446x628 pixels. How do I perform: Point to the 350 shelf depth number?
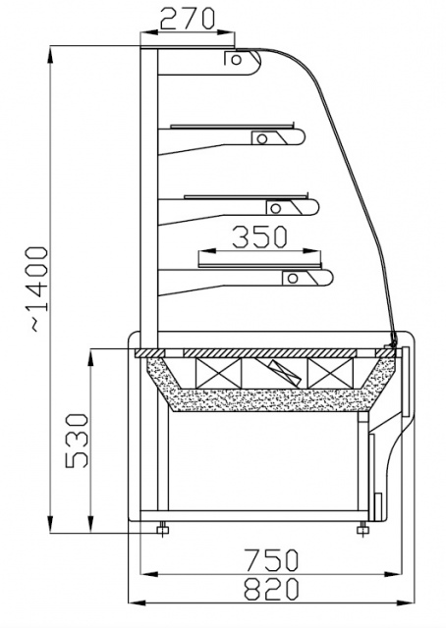click(x=259, y=236)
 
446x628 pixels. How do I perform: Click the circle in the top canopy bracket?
click(x=236, y=59)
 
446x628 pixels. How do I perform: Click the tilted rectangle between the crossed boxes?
click(x=282, y=372)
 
